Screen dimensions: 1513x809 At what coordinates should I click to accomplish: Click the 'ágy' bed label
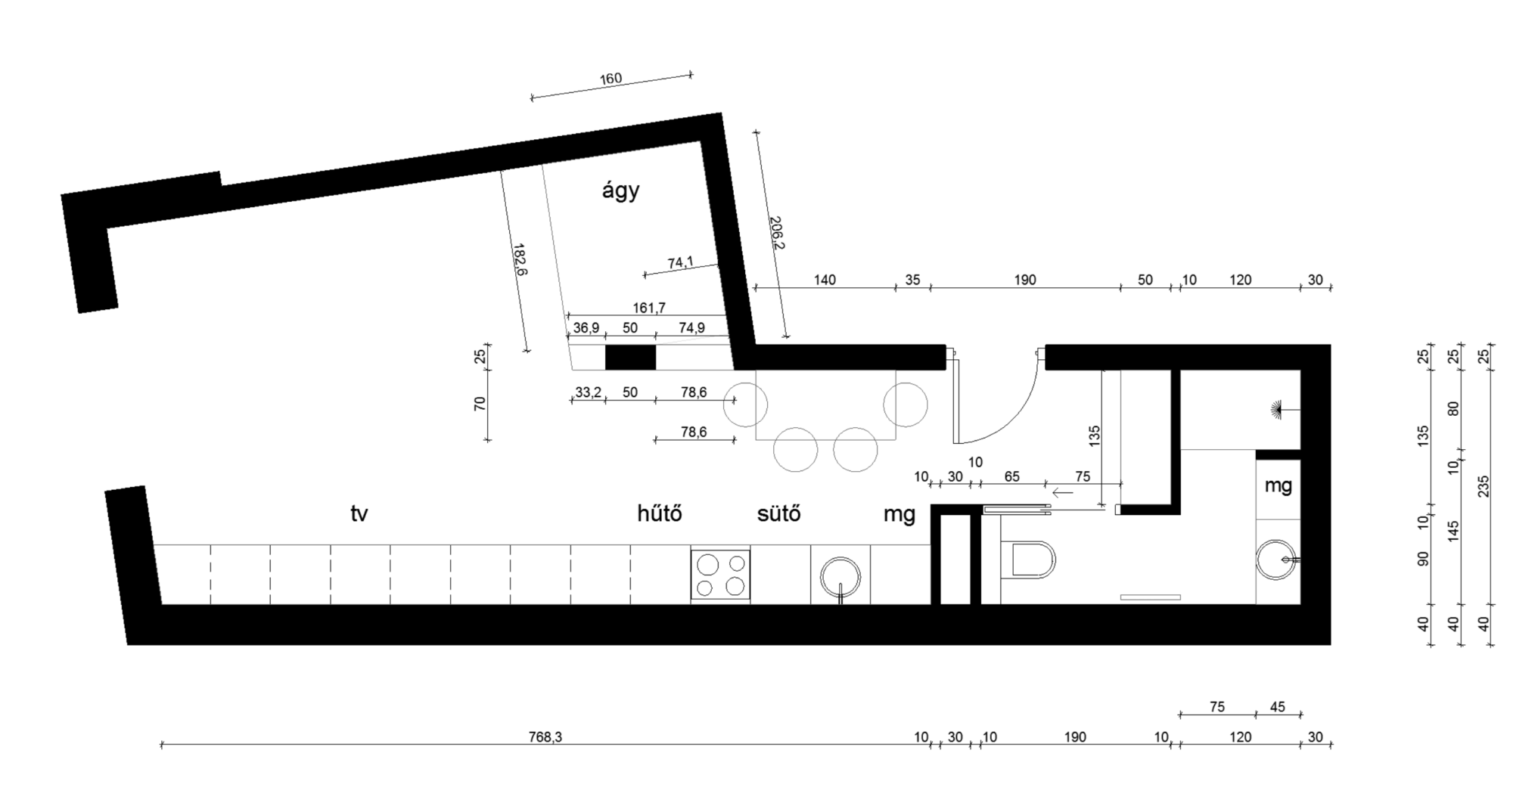point(620,191)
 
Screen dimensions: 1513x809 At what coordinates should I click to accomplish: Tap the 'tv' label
point(359,514)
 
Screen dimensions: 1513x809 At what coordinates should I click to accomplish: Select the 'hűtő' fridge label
point(660,513)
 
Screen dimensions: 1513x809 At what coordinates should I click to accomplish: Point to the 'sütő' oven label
point(778,513)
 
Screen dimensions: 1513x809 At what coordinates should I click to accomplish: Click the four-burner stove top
point(720,575)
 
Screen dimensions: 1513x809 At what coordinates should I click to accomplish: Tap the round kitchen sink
point(840,578)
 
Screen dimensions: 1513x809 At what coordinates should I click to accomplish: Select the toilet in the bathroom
point(1028,561)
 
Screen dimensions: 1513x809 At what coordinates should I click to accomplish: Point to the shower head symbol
point(1278,409)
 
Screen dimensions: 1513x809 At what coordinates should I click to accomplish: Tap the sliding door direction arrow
point(1063,493)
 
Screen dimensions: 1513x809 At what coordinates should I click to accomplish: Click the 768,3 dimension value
point(545,737)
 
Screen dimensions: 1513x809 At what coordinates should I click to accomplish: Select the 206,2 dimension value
point(776,233)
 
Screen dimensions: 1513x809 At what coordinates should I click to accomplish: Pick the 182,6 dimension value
point(520,260)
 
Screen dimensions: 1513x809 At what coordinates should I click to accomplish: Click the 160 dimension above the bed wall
point(610,79)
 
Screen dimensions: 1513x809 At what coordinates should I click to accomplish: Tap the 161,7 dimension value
point(649,308)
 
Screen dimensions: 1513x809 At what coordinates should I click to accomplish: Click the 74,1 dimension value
point(680,263)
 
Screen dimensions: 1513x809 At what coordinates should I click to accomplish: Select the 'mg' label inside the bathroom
point(1278,486)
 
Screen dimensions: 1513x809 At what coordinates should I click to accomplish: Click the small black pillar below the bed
point(630,357)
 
